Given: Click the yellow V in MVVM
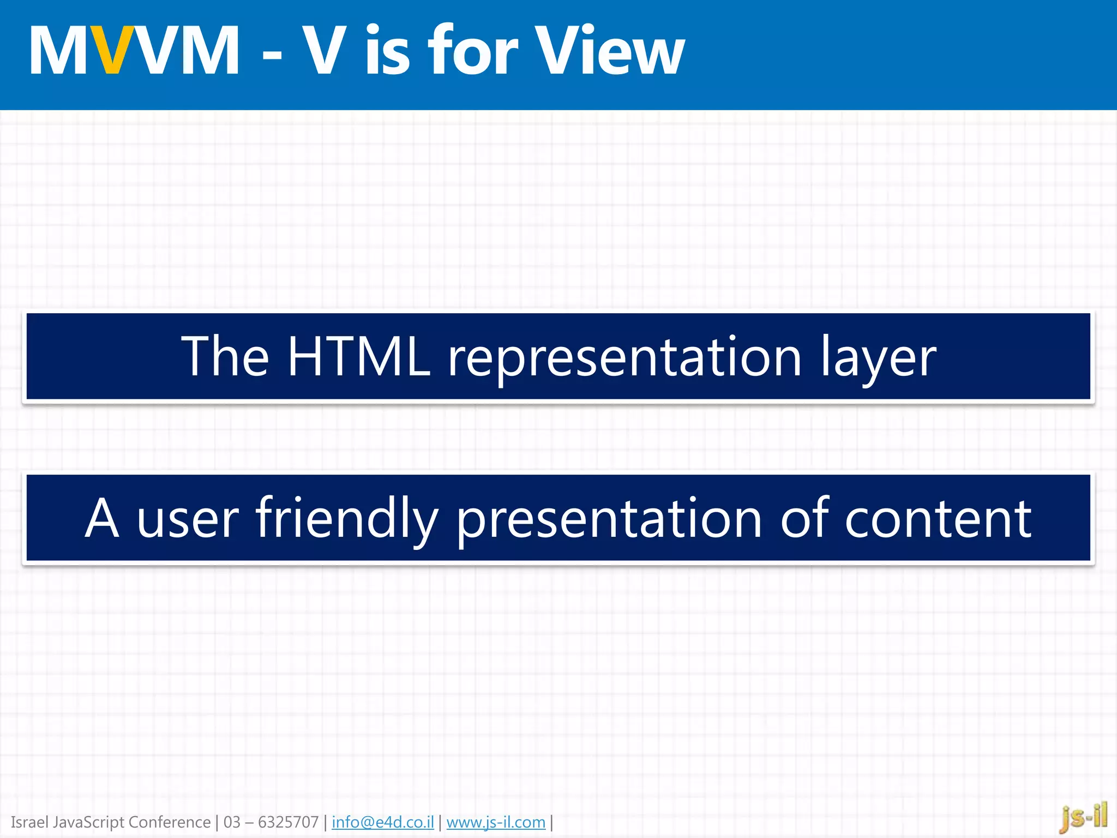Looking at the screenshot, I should click(x=112, y=50).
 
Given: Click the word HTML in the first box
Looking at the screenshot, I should click(x=358, y=357).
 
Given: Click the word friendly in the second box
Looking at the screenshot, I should click(x=347, y=518).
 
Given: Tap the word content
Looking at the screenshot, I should click(x=938, y=519).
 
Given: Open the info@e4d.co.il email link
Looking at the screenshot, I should click(x=382, y=822).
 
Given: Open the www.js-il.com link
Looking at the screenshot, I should click(x=496, y=822).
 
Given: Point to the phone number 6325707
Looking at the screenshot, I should click(x=288, y=822).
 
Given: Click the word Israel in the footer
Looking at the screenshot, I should click(x=29, y=822).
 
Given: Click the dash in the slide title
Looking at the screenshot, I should click(x=272, y=55).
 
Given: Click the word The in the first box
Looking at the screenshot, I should click(x=225, y=357).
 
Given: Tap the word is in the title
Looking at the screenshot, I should click(x=387, y=50).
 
